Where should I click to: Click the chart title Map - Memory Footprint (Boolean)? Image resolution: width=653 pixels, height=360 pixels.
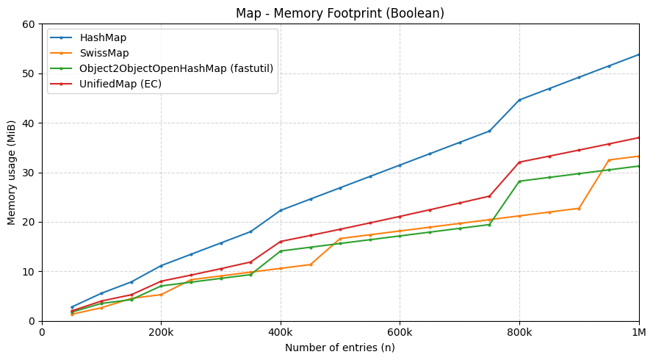[339, 13]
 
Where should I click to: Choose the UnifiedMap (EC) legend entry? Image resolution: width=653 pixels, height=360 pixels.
[120, 84]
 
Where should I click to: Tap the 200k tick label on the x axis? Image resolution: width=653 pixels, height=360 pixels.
[161, 332]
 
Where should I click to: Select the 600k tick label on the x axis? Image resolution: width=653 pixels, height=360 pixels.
[400, 332]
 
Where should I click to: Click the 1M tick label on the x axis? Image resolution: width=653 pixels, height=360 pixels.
[638, 332]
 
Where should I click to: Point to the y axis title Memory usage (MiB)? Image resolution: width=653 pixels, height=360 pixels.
[12, 173]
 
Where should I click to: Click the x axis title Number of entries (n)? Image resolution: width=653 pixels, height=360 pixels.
[339, 348]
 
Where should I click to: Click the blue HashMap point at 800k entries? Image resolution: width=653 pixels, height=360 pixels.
[519, 100]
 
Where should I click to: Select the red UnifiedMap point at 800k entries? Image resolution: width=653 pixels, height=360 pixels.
[519, 162]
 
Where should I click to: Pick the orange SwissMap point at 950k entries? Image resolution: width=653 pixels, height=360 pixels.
[609, 160]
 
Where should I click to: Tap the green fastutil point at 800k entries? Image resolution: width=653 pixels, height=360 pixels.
[519, 181]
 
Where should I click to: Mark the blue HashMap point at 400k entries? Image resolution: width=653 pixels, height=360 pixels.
[281, 210]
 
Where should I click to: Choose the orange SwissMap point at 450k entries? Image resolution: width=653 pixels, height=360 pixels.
[311, 264]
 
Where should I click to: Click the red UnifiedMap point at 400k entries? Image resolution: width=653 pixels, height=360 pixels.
[281, 242]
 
